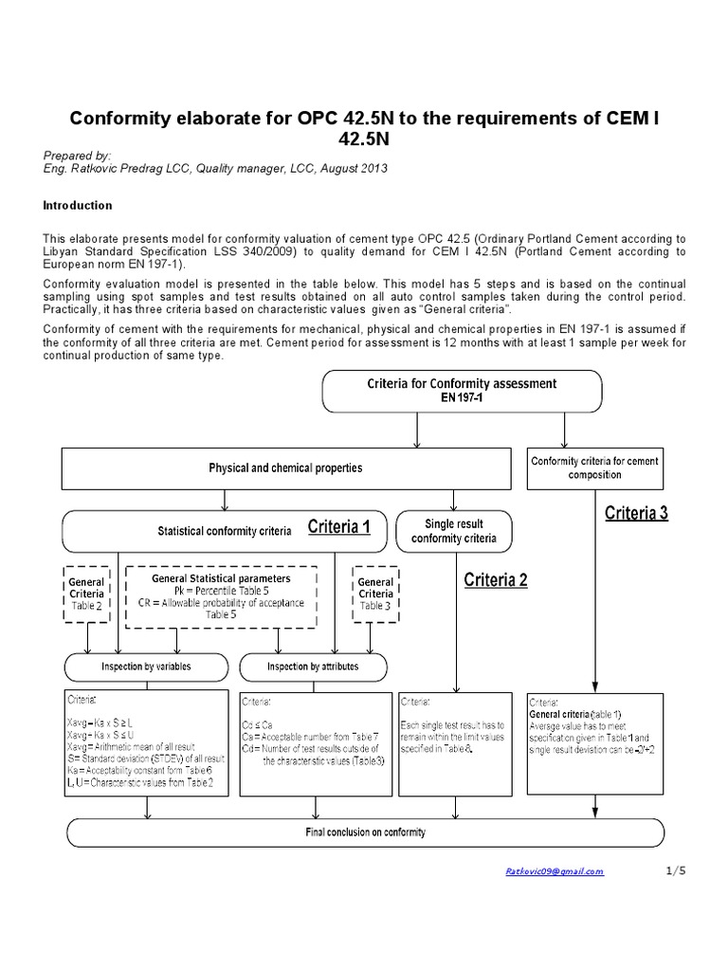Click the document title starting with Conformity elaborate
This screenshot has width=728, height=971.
pyautogui.click(x=364, y=127)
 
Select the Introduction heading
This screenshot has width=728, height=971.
pyautogui.click(x=79, y=205)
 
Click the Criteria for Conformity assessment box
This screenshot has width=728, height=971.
pyautogui.click(x=462, y=391)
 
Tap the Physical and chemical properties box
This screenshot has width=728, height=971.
pyautogui.click(x=285, y=467)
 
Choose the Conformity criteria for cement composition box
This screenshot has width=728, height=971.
pyautogui.click(x=594, y=467)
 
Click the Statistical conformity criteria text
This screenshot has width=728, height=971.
pyautogui.click(x=224, y=530)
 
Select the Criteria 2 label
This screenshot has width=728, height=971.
pyautogui.click(x=496, y=580)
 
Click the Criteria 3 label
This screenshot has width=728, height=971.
pyautogui.click(x=636, y=513)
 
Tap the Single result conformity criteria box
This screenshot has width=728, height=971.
pyautogui.click(x=453, y=530)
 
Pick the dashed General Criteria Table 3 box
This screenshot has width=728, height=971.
pyautogui.click(x=376, y=595)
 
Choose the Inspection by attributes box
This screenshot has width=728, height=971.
pyautogui.click(x=313, y=667)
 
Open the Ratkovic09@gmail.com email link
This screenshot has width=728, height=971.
pyautogui.click(x=554, y=871)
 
